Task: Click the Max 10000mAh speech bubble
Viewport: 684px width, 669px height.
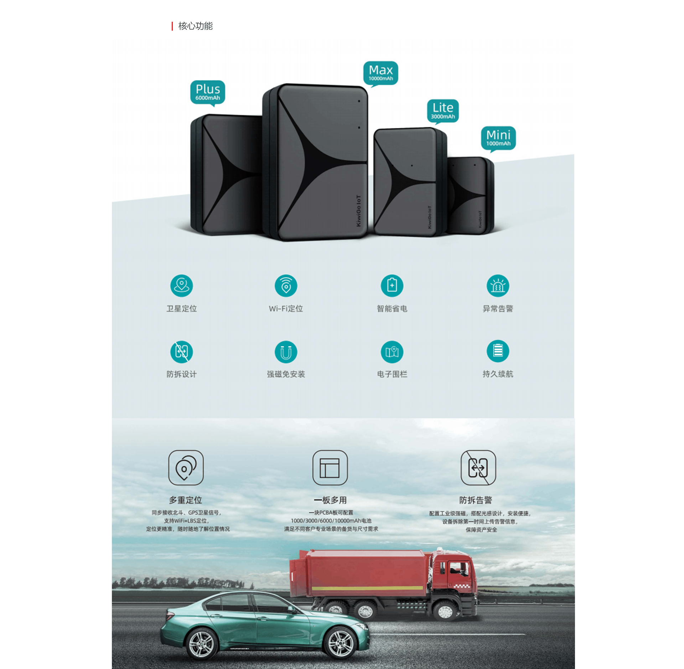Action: click(x=380, y=73)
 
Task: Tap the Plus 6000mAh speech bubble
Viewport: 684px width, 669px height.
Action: click(x=208, y=92)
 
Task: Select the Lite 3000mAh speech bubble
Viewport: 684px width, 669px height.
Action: click(x=443, y=110)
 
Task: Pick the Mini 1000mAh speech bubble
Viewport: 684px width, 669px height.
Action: click(x=498, y=138)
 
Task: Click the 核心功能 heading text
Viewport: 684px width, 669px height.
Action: click(x=195, y=26)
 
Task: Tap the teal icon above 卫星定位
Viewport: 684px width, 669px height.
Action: click(x=182, y=286)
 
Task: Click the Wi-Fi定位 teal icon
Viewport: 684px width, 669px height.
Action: click(x=286, y=286)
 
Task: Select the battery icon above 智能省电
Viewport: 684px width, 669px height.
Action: click(x=392, y=286)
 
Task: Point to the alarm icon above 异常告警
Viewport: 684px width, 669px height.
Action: click(x=498, y=286)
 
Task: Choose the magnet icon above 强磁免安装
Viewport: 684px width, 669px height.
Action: click(x=286, y=352)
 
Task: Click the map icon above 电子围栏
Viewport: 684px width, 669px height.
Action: click(x=392, y=352)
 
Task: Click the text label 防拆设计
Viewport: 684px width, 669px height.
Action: click(x=182, y=374)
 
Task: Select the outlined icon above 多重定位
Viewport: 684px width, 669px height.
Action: click(x=186, y=467)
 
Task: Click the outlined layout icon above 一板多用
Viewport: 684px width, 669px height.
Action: click(x=330, y=467)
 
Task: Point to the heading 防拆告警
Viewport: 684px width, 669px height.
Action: click(x=476, y=500)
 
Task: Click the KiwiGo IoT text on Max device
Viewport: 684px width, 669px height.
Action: click(x=359, y=211)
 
